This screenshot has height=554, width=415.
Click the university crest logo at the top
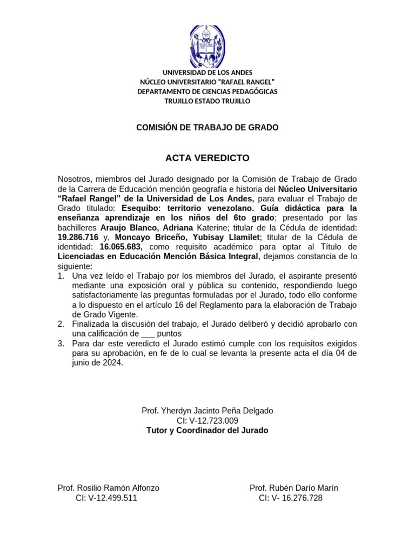click(207, 45)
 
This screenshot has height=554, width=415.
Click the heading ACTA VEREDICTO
click(207, 158)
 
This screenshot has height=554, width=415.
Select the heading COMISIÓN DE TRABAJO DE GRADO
click(207, 128)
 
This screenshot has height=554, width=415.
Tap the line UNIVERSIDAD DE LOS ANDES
click(207, 72)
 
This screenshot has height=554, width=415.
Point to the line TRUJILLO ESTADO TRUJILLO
click(207, 101)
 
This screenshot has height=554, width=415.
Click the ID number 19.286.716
click(78, 237)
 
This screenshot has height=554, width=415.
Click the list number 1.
click(61, 276)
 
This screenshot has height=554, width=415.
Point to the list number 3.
click(61, 344)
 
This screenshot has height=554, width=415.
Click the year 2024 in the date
click(113, 363)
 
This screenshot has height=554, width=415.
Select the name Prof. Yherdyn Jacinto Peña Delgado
click(207, 411)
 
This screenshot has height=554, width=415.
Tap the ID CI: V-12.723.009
click(207, 420)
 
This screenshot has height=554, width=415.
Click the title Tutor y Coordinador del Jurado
click(207, 430)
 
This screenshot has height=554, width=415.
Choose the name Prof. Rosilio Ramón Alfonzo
click(108, 488)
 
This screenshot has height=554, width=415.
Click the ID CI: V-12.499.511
click(106, 498)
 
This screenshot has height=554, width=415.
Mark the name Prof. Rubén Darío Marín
click(293, 488)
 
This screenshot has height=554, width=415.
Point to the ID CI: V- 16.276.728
click(291, 498)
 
